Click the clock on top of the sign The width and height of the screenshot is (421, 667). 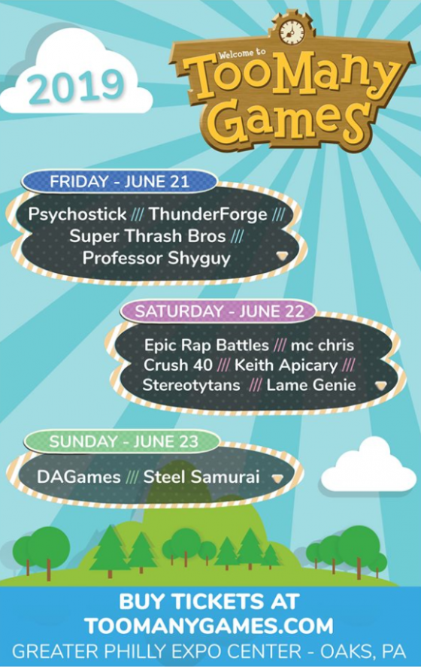pos(291,31)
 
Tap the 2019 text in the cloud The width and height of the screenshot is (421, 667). pos(76,86)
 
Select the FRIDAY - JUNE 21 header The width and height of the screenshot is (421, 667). pos(120,182)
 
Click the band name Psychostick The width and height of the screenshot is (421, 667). pos(77,214)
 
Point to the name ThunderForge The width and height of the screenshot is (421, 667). pos(208,214)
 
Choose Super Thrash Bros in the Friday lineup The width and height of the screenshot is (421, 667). pos(147,235)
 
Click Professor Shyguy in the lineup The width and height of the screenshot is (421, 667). pos(156,258)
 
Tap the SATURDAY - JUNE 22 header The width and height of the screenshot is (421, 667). pos(220,311)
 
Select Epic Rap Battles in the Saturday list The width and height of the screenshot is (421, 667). pos(207,345)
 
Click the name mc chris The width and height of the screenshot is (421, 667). pos(323,345)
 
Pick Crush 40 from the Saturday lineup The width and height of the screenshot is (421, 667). pos(177,365)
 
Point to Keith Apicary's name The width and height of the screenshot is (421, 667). pos(286,365)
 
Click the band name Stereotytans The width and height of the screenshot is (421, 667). pos(192,385)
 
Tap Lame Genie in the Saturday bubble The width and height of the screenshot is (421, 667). pos(311,385)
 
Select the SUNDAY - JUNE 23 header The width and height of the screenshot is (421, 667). pos(124,441)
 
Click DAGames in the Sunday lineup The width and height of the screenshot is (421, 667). pos(79,477)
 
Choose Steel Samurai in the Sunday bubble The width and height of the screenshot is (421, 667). pos(201,477)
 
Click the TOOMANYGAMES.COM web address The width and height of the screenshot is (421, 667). pos(209,626)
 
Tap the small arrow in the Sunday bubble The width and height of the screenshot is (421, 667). pos(277,478)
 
